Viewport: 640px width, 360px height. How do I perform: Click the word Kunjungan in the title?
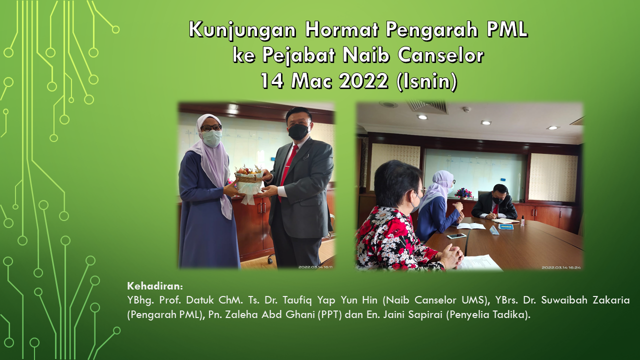click(242, 30)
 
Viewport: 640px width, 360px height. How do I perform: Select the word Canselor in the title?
click(441, 55)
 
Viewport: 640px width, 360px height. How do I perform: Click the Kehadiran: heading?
click(155, 286)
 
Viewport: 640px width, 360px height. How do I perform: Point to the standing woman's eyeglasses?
click(211, 127)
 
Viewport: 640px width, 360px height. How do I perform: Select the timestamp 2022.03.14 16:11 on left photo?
click(315, 267)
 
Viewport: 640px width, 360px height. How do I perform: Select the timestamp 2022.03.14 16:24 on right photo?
click(561, 267)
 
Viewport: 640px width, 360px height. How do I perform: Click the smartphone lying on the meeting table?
click(456, 236)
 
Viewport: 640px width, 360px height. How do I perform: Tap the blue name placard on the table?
click(506, 226)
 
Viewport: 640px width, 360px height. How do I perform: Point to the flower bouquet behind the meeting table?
click(461, 193)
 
